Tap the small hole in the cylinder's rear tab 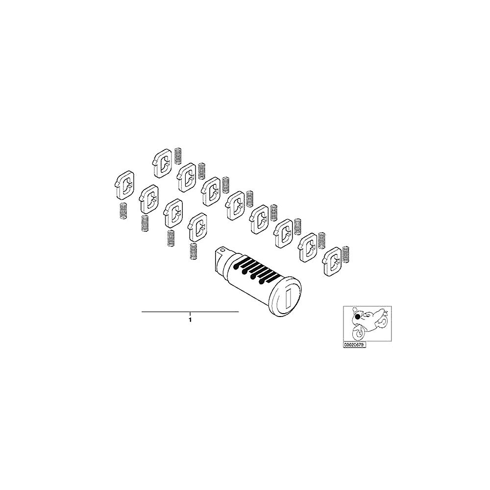(x=222, y=250)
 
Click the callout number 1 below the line (x=190, y=320)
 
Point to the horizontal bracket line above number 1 (x=190, y=312)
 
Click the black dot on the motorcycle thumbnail (x=358, y=317)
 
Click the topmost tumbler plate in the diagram (x=162, y=163)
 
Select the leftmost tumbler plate (x=123, y=185)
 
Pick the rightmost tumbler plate (x=333, y=262)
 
